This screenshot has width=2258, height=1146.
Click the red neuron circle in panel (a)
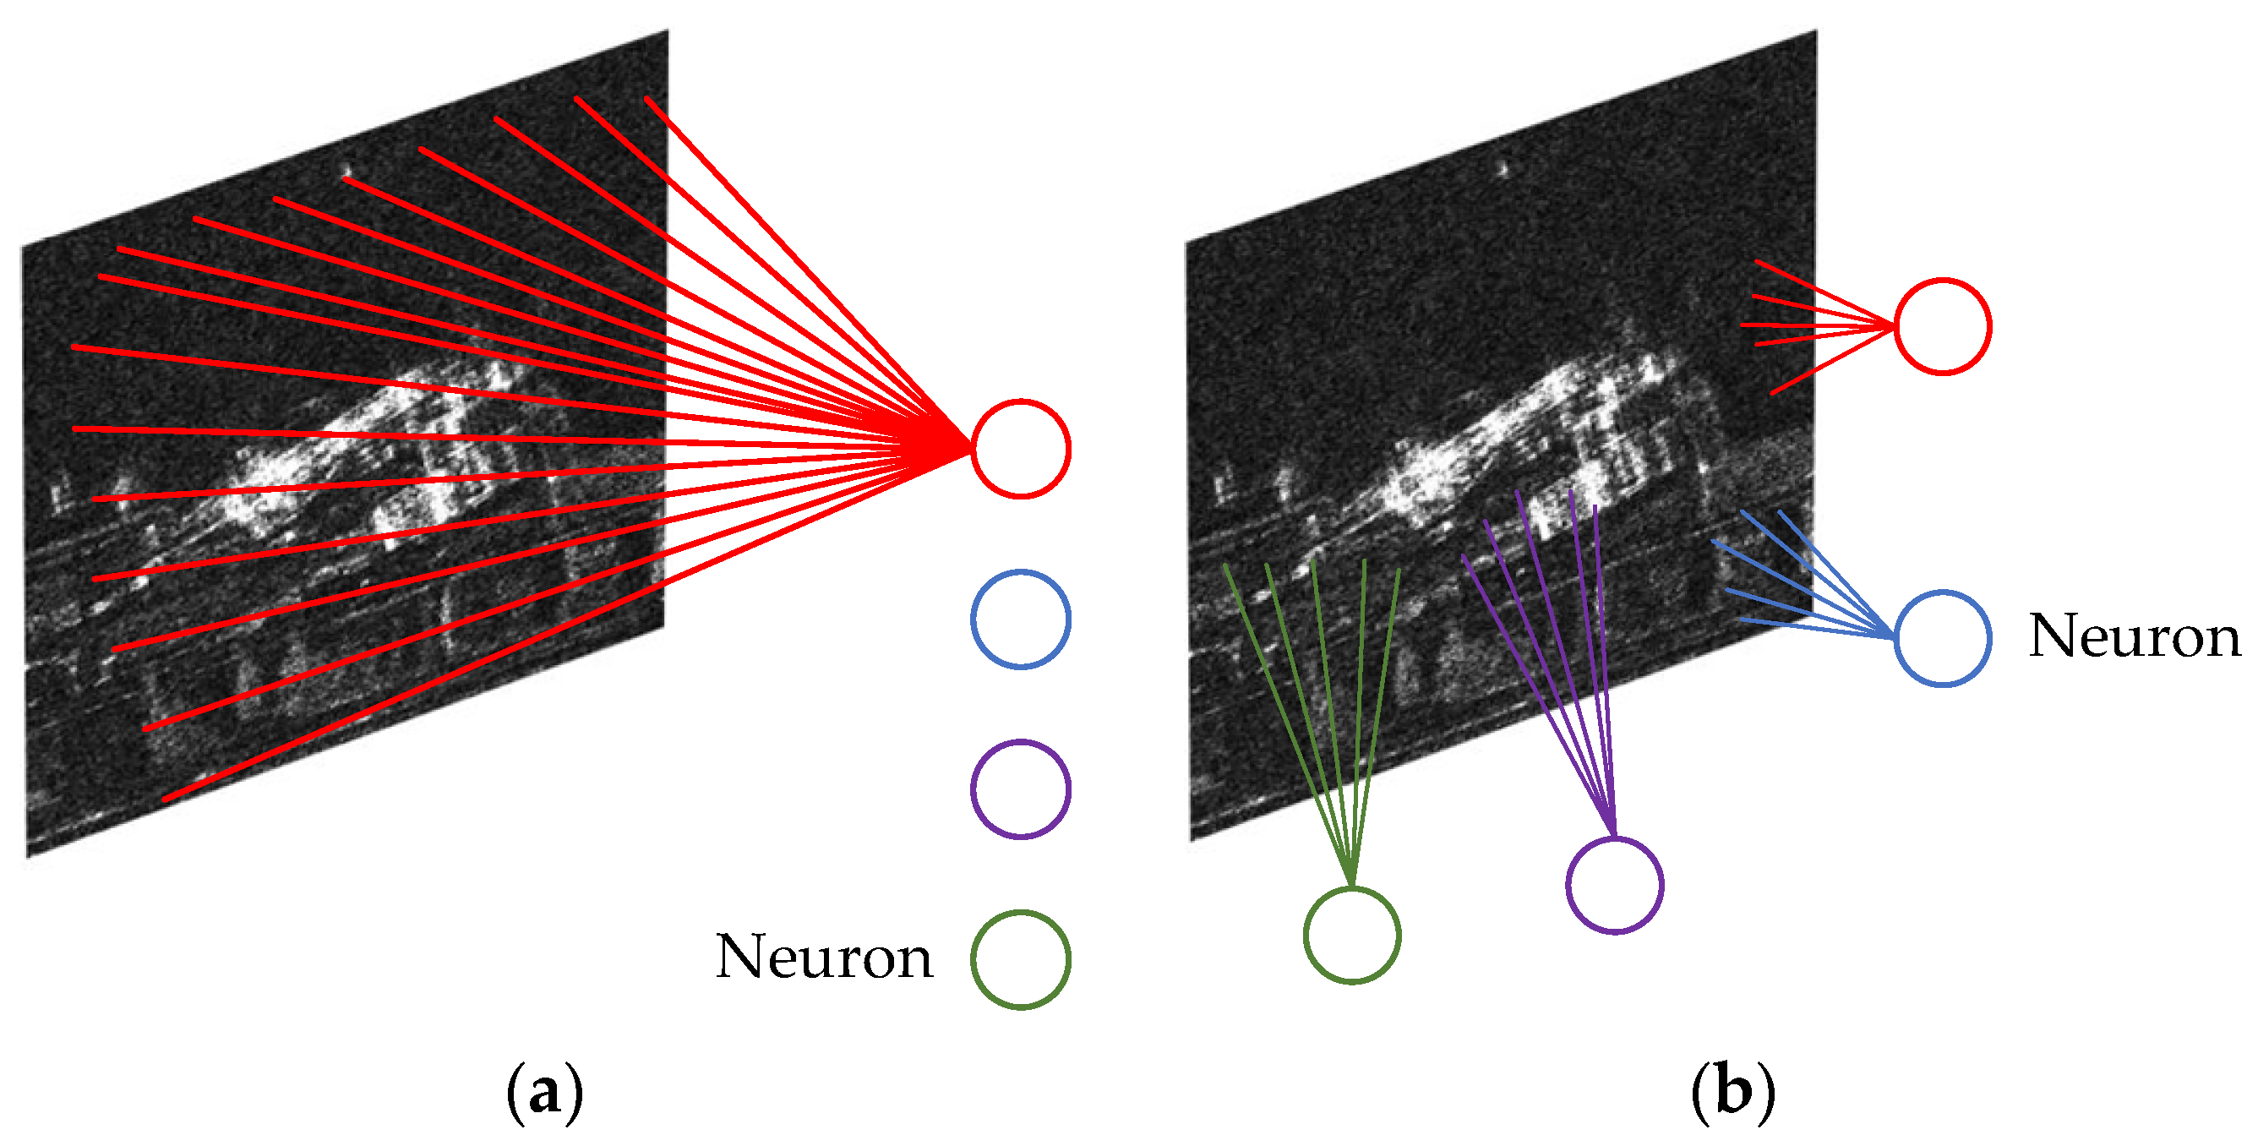(x=1020, y=449)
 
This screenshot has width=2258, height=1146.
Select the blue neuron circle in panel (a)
(x=1020, y=619)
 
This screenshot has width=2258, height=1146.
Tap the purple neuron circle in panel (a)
(x=1020, y=789)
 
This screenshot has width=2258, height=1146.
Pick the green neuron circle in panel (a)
(x=1020, y=959)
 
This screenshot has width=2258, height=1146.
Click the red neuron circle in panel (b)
(x=1943, y=326)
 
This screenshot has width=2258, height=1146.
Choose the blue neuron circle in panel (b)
(x=1943, y=638)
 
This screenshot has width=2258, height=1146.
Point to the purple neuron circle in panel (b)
(x=1615, y=885)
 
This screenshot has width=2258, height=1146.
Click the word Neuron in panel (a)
(x=824, y=958)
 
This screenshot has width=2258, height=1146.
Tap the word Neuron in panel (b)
(x=2135, y=636)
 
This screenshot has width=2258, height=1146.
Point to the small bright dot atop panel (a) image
(x=347, y=171)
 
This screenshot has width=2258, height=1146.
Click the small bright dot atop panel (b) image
(x=1505, y=167)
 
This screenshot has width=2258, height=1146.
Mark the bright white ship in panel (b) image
(x=1508, y=439)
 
